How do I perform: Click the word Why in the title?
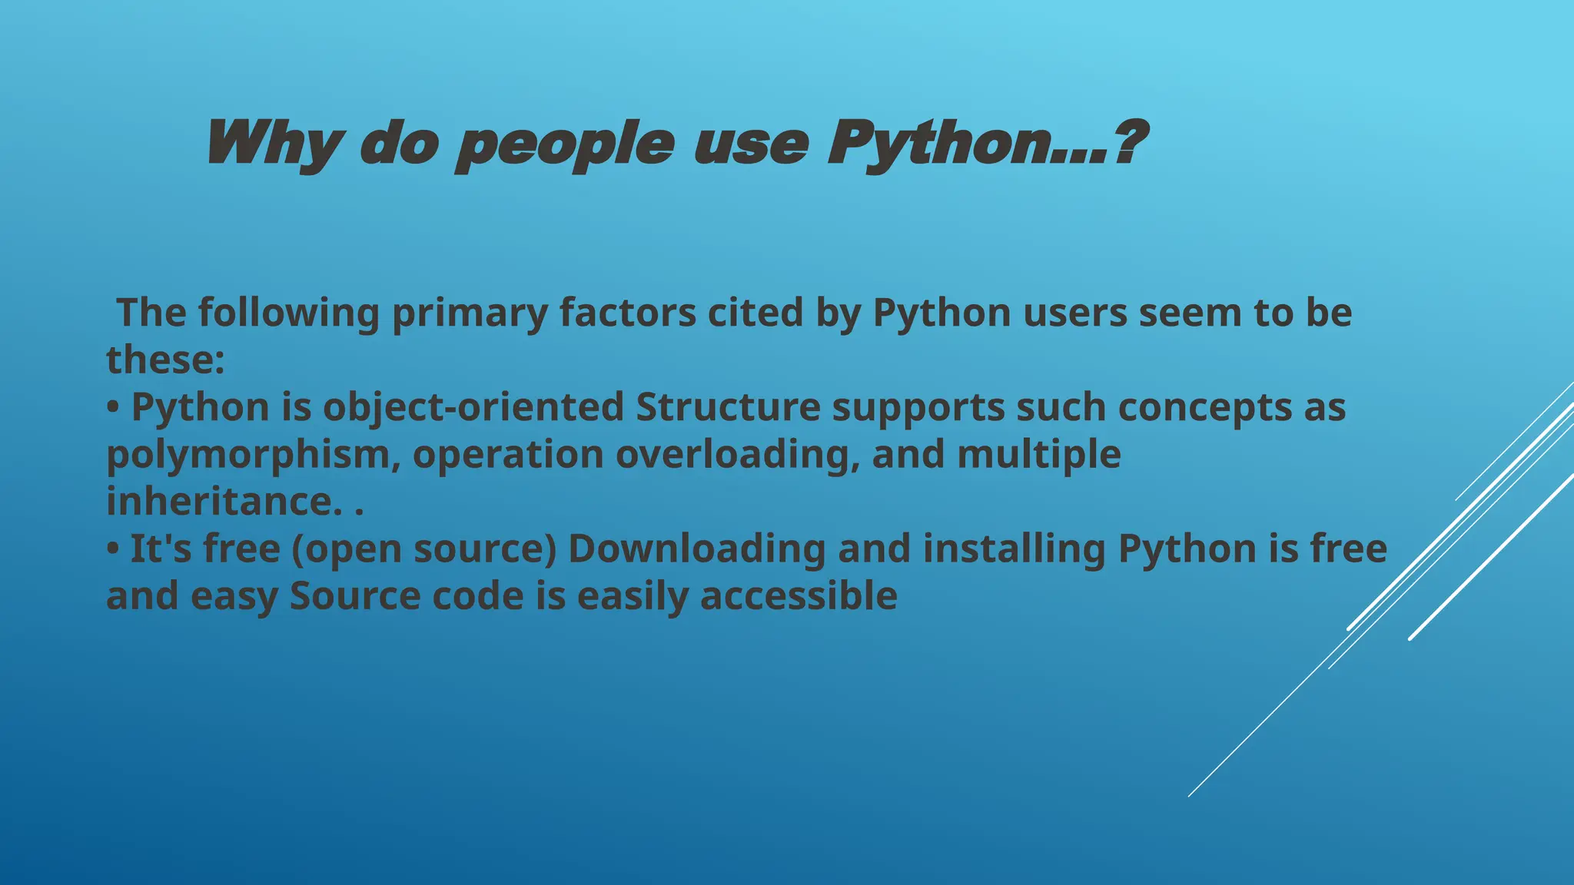[x=273, y=144]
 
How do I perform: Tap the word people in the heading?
[x=565, y=144]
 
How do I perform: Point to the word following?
[x=288, y=313]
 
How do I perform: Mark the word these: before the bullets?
[x=165, y=360]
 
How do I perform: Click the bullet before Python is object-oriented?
[x=113, y=408]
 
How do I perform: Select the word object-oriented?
[x=473, y=407]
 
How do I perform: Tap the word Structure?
[x=728, y=407]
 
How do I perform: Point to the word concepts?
[x=1204, y=407]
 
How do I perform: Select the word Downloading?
[x=696, y=549]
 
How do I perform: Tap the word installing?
[x=1014, y=549]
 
